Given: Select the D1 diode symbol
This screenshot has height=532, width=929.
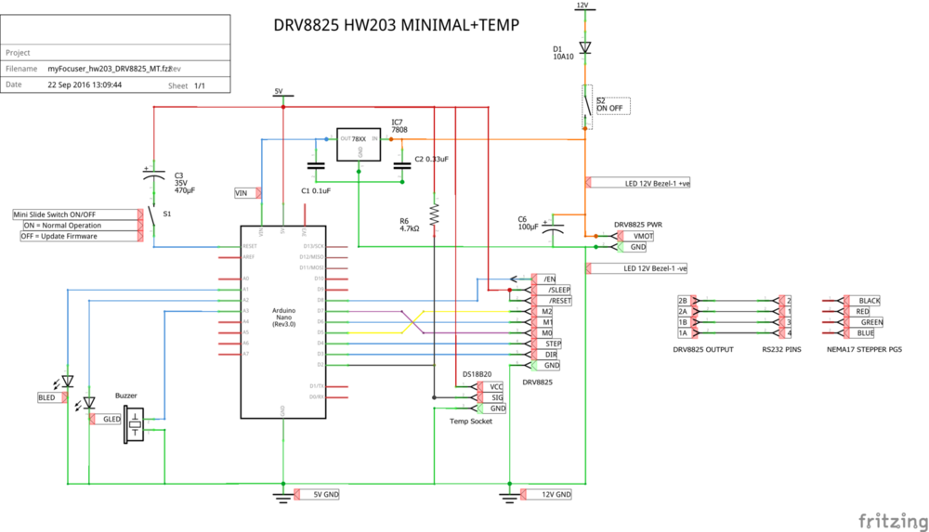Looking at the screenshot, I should point(584,46).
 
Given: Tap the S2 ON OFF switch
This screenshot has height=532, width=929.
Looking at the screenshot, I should point(586,108).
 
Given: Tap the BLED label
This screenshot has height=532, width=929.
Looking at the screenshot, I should point(46,397).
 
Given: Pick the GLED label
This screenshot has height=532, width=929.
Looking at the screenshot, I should point(111,420).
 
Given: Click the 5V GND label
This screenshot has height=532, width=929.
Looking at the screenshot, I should point(321,495).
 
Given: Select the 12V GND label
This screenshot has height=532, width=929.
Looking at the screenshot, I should point(556,495).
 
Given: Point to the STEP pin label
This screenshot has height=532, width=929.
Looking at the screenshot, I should point(553,344).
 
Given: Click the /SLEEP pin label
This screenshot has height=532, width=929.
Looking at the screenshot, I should point(559,290).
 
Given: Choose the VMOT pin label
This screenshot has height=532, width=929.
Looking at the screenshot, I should point(643,236).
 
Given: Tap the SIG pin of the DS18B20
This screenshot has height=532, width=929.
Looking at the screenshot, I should point(497,397).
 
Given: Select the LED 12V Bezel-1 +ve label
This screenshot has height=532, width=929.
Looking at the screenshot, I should point(656,184).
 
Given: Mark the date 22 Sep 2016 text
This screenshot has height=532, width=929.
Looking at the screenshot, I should point(85,84).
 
